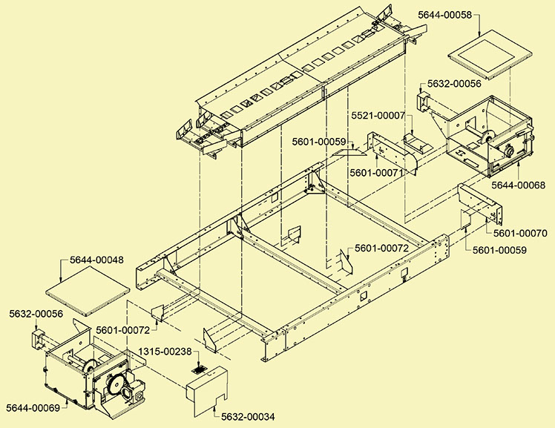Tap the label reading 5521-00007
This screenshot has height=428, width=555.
376,115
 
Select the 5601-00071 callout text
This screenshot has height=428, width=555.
376,173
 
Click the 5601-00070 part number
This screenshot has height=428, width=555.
520,233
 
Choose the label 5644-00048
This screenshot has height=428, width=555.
96,260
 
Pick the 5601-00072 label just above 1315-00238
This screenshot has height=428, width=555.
122,329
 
